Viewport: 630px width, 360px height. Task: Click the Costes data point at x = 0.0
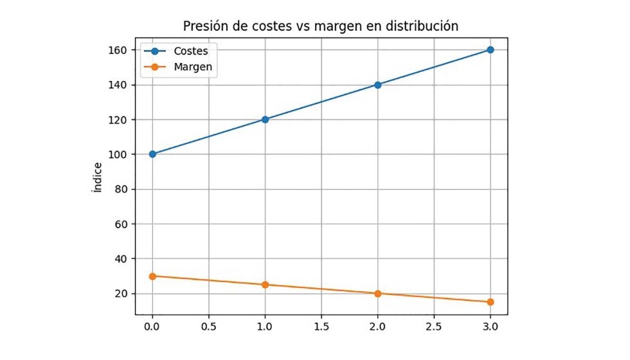click(x=152, y=154)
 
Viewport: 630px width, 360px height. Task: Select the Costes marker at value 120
click(x=265, y=120)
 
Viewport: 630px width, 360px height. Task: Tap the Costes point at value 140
click(x=377, y=85)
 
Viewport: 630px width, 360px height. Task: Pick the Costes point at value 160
click(x=490, y=50)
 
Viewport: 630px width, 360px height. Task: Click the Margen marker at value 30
click(x=152, y=276)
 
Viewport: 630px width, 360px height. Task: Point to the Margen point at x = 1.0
click(x=265, y=285)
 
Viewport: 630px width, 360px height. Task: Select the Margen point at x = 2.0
click(x=377, y=294)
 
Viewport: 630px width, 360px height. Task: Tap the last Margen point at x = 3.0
click(x=490, y=302)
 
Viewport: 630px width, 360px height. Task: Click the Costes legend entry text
click(x=191, y=51)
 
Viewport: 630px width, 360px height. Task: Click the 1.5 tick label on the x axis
click(x=321, y=327)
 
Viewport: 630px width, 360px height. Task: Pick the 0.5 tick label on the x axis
click(x=208, y=327)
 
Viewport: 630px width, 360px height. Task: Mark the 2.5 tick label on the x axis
click(x=433, y=327)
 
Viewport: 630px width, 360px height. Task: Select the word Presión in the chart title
click(x=204, y=26)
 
